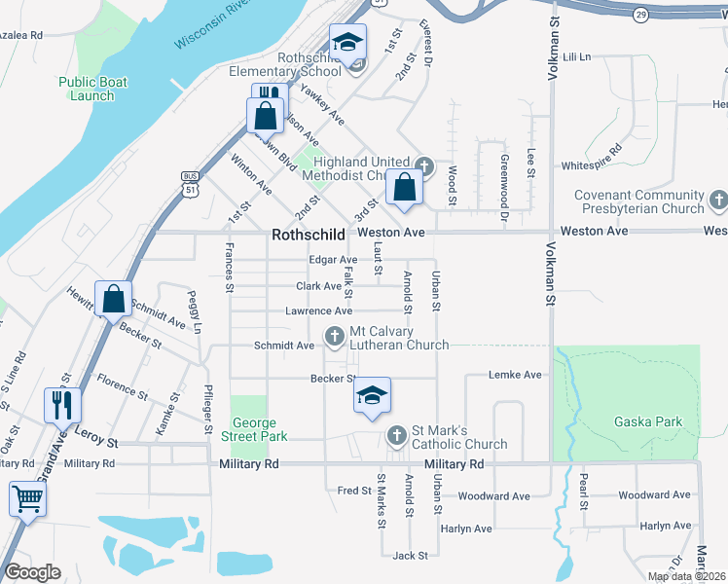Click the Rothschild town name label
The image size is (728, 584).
click(x=309, y=235)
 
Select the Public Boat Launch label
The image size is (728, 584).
click(x=86, y=90)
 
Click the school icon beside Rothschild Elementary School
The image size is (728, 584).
click(x=346, y=43)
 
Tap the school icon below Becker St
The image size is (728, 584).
click(x=371, y=395)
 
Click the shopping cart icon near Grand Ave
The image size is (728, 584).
click(x=27, y=499)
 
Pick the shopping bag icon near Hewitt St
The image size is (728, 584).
click(x=113, y=300)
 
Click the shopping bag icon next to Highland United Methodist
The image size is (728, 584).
click(x=404, y=187)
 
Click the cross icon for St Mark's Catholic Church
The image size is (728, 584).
click(x=395, y=435)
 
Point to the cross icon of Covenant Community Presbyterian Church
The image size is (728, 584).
click(x=718, y=201)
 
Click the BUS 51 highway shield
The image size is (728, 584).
click(x=190, y=183)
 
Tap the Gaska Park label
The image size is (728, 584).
click(x=648, y=421)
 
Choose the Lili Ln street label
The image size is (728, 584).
click(x=576, y=57)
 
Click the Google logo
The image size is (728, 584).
click(x=33, y=572)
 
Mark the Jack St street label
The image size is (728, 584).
click(x=410, y=556)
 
